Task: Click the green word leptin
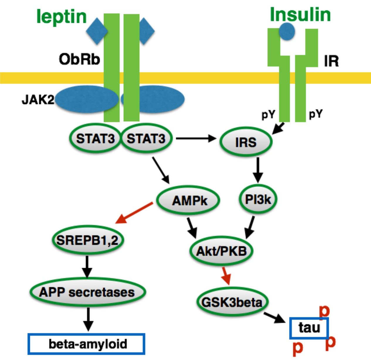(x=62, y=17)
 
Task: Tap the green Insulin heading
(x=300, y=15)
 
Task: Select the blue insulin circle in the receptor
(x=287, y=32)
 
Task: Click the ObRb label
(x=79, y=59)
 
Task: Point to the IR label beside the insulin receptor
(x=331, y=61)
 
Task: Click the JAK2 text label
(x=38, y=100)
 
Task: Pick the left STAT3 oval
(x=95, y=139)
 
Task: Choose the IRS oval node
(x=246, y=142)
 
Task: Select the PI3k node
(x=258, y=199)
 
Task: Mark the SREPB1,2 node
(x=88, y=240)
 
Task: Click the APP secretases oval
(x=87, y=292)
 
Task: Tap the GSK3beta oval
(x=232, y=302)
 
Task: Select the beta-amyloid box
(x=87, y=344)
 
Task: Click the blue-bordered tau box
(x=309, y=328)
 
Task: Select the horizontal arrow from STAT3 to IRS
(x=196, y=139)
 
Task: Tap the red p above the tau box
(x=324, y=311)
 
